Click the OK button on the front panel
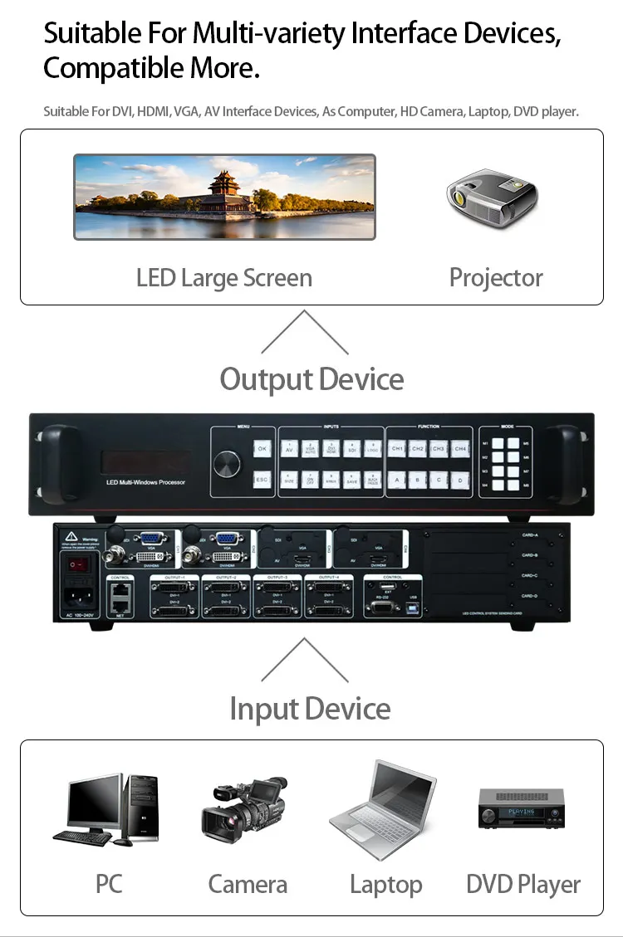coord(262,449)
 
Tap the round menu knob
coord(227,465)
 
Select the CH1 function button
coord(397,449)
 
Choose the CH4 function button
coord(459,449)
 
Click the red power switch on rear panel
coord(77,564)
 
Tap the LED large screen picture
coord(224,197)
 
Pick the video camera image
coord(244,805)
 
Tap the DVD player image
coord(521,808)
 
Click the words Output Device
coord(311,379)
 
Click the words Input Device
coord(310,709)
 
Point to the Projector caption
coord(496,277)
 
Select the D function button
coord(459,480)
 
